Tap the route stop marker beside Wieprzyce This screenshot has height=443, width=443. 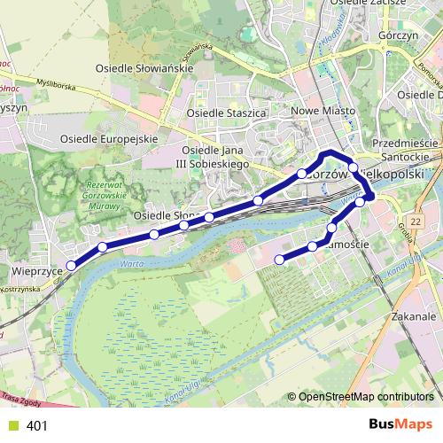pos(71,264)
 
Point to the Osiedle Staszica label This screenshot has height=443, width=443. pos(228,113)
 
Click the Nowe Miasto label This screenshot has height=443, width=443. pos(323,111)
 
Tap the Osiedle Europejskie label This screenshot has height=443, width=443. pos(109,138)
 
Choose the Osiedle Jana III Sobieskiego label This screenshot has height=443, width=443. pos(224,157)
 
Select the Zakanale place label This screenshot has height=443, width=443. pos(414,315)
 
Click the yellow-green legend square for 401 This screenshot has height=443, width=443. pos(12,426)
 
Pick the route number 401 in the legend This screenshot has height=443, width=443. pos(37,426)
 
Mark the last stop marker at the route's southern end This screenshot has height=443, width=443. pos(280,260)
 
